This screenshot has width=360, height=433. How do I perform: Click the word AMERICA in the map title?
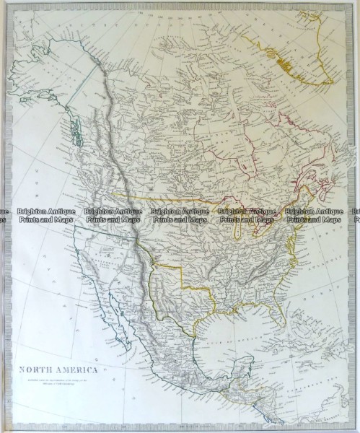tap(69, 366)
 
